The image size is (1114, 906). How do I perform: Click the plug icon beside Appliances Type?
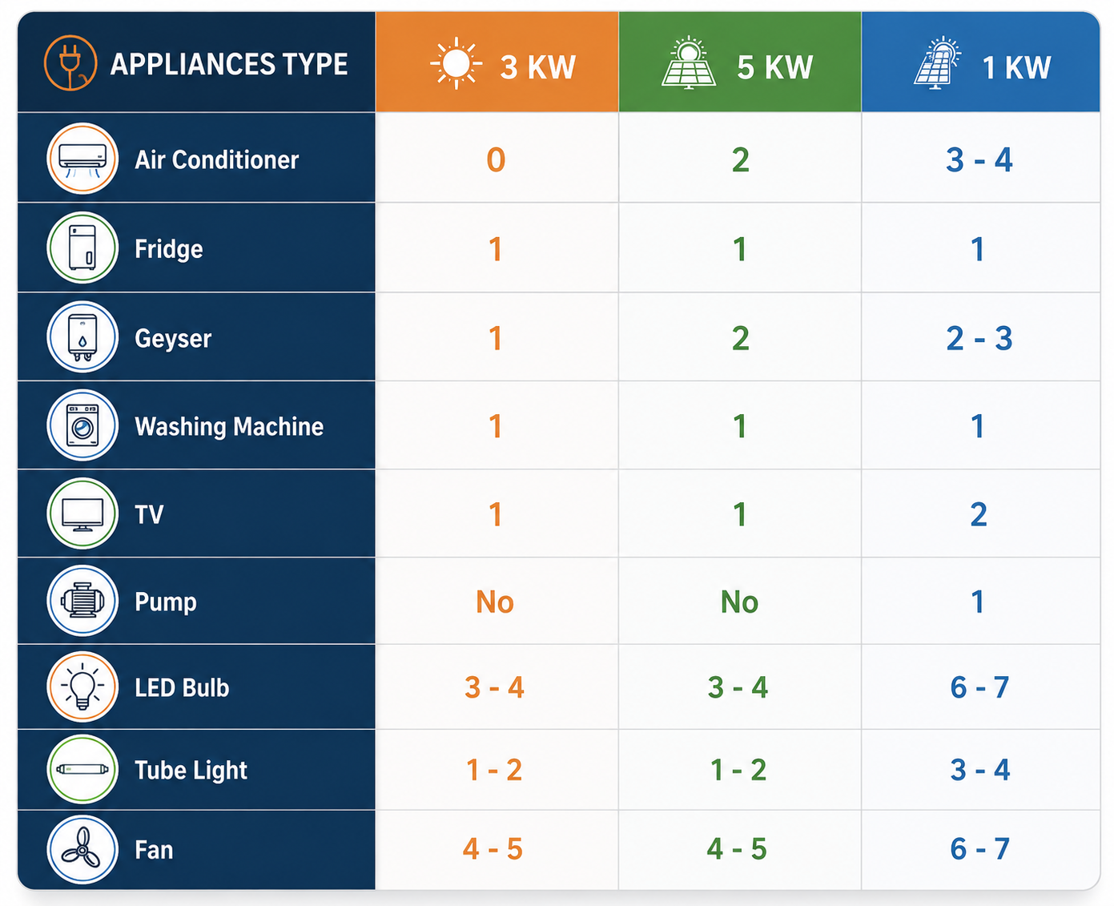[70, 62]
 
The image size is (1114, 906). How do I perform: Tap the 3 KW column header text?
[537, 67]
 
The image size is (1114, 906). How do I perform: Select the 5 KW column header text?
[774, 67]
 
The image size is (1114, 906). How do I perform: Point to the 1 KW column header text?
[1015, 67]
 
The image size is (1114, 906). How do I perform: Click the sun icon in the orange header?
[456, 63]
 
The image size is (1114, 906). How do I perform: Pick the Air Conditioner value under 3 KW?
[496, 159]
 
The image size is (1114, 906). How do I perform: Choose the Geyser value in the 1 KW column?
[979, 338]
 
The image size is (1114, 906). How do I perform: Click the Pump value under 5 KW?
[739, 602]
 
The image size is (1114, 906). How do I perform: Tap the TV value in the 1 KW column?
[979, 515]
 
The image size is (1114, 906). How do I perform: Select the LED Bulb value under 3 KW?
[494, 687]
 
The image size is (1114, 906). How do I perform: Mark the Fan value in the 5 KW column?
[736, 848]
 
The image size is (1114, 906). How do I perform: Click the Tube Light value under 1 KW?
[979, 770]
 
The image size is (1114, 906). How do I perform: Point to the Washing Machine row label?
[229, 426]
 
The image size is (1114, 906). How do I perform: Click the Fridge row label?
[168, 249]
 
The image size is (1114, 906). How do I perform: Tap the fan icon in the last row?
[82, 849]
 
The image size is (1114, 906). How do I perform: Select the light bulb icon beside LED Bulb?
[82, 687]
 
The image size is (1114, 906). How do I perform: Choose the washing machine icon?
[82, 425]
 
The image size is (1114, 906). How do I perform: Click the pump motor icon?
[82, 601]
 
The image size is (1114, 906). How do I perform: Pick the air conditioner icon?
[82, 159]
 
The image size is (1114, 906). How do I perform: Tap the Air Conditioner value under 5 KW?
[740, 159]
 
